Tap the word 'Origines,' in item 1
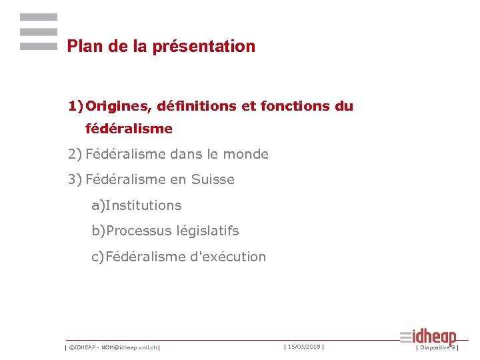[x=117, y=106]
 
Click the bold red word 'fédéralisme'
[x=129, y=129]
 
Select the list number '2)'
[x=74, y=155]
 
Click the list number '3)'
[x=74, y=180]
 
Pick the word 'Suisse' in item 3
[x=213, y=180]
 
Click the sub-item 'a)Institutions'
[x=137, y=205]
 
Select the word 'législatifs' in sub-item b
[x=207, y=231]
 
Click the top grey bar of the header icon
[x=39, y=17]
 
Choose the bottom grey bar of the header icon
[x=39, y=47]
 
